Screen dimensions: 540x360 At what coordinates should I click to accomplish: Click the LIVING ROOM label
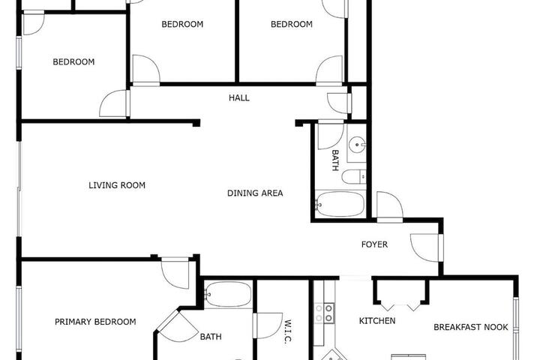point(117,185)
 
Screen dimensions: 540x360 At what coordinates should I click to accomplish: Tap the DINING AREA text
point(255,193)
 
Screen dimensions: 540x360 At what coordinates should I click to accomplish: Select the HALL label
point(239,97)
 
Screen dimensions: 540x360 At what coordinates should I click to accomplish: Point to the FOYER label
point(374,244)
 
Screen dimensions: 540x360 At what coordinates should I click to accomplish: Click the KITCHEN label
point(377,321)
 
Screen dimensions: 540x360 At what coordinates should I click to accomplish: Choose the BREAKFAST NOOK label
point(471,327)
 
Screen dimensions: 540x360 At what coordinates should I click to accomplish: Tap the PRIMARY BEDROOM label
point(95,322)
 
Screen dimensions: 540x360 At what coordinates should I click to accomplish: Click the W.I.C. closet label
point(288,331)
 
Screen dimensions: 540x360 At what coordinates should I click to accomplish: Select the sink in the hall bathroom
point(357,145)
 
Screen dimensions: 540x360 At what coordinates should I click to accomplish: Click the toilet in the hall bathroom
point(354,177)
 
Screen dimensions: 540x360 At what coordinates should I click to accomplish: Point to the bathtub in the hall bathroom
point(340,204)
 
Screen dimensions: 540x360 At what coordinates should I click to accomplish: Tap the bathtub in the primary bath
point(228,294)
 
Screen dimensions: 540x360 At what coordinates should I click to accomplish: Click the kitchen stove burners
point(325,313)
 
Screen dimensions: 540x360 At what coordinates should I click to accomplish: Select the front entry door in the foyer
point(426,247)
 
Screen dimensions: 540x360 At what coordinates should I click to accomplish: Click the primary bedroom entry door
point(175,272)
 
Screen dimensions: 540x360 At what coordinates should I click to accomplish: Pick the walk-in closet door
point(268,325)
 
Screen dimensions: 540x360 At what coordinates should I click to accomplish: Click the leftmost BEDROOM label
point(73,62)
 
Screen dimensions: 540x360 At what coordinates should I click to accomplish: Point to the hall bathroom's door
point(331,135)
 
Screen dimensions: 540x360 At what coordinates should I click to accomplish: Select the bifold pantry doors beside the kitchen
point(401,307)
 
